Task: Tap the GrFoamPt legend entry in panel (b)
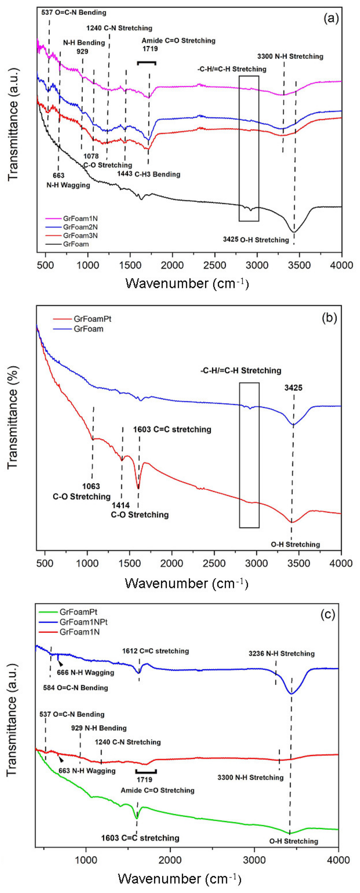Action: tap(92, 319)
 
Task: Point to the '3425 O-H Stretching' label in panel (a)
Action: tap(256, 240)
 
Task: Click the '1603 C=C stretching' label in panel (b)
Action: tap(172, 430)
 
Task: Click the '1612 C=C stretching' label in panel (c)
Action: tap(155, 651)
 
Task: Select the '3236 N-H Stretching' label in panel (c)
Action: tap(281, 654)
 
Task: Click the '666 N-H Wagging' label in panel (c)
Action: tap(86, 673)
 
